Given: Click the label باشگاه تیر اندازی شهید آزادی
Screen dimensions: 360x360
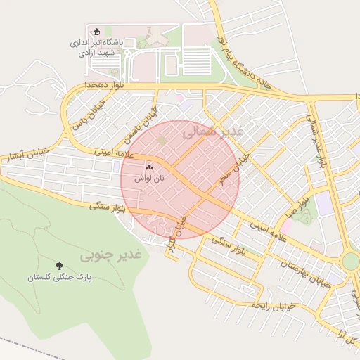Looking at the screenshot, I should (97, 47).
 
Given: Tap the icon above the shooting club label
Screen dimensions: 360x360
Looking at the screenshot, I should (97, 32).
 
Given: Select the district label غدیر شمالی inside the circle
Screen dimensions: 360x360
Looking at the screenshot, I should (212, 131).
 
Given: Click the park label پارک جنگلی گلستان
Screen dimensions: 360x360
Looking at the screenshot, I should (60, 278).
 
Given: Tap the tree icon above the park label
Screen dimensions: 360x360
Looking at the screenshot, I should (60, 266).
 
